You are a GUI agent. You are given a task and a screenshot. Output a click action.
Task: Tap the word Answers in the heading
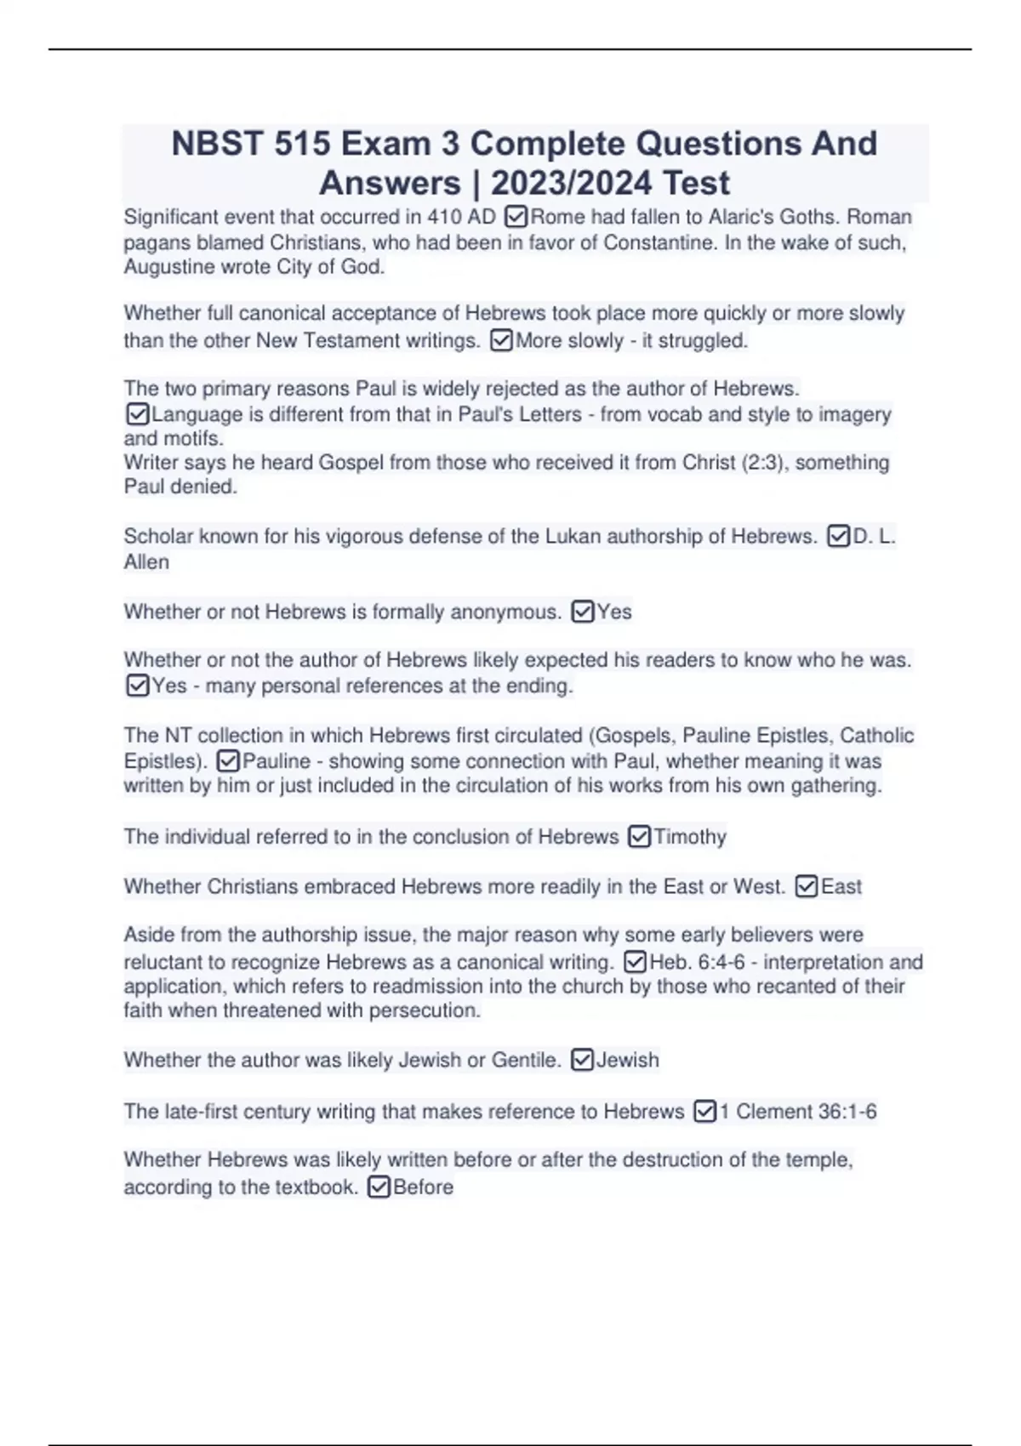tap(390, 183)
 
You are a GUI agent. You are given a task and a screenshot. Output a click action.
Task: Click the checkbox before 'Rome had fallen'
tap(516, 217)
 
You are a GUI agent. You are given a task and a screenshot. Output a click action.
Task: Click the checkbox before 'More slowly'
tap(502, 341)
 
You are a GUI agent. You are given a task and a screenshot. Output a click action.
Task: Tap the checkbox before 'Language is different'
tap(137, 414)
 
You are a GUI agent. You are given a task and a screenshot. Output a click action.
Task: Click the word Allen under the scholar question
tap(146, 562)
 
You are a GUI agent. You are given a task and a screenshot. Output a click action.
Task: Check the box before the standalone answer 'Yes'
tap(583, 612)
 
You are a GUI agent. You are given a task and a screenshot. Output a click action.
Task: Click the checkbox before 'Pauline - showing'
tap(228, 761)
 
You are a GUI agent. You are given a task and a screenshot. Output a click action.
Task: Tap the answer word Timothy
tap(690, 837)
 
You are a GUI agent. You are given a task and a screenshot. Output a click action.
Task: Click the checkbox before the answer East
tap(807, 887)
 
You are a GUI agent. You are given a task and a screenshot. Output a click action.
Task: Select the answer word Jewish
tap(628, 1061)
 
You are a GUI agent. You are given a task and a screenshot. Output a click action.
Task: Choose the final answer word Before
tap(423, 1187)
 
